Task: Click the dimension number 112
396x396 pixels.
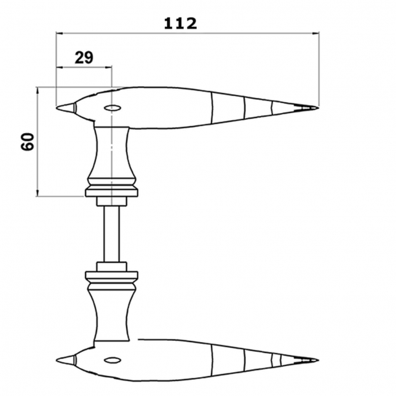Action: coord(180,24)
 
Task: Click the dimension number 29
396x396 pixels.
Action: coord(84,57)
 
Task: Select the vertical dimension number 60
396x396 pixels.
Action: coord(27,142)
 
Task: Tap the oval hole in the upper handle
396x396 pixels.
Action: coord(112,108)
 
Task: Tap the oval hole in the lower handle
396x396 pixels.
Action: coord(112,360)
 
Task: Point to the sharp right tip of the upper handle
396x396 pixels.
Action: coord(318,108)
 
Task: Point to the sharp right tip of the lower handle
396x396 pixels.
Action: coord(318,360)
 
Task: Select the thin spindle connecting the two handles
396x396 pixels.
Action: coord(112,234)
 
